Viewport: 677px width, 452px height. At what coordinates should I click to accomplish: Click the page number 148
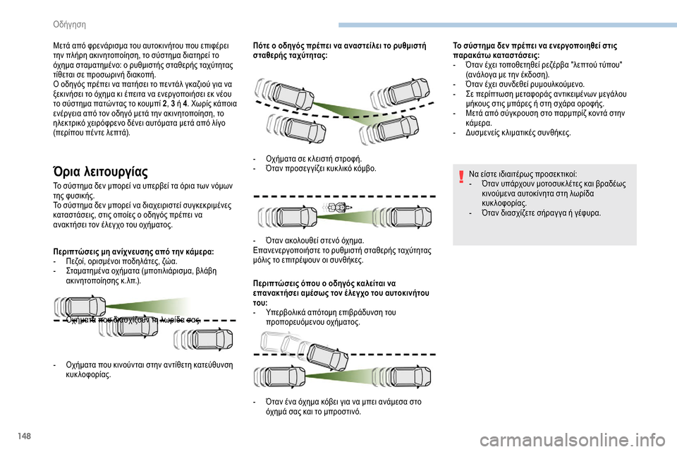coord(25,436)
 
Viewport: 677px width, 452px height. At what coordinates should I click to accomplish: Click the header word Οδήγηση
coord(69,25)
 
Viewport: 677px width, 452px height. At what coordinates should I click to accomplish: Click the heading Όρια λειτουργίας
coord(100,172)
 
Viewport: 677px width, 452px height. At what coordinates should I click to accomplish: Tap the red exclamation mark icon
coord(461,177)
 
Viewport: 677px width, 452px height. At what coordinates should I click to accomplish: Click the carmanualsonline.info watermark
coord(572,441)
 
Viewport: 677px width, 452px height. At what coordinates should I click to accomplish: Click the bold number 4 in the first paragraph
coord(185,104)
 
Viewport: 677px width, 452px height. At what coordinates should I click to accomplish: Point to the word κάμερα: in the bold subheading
coord(198,251)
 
